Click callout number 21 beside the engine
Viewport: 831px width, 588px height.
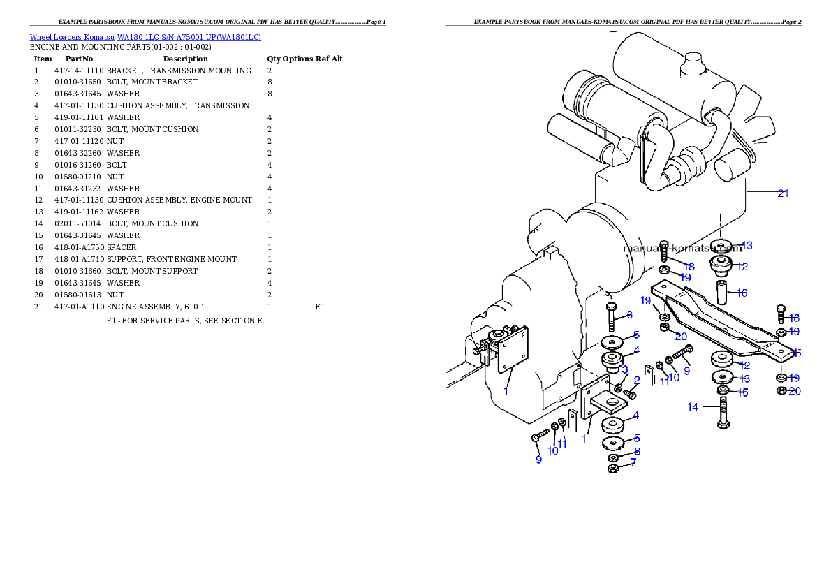(x=783, y=193)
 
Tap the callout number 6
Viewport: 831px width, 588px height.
(x=629, y=315)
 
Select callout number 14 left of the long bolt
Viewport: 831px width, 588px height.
(x=693, y=406)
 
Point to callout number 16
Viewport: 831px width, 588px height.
(x=742, y=293)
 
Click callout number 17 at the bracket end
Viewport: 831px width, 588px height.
(x=797, y=353)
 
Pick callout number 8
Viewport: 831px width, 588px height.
(x=637, y=451)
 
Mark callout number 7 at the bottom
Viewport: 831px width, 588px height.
(x=633, y=462)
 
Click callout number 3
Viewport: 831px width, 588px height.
(x=625, y=369)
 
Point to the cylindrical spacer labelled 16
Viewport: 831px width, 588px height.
(x=721, y=289)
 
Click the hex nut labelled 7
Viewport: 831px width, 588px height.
(x=612, y=468)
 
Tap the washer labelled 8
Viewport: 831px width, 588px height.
(x=613, y=457)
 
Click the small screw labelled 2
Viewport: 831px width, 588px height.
(x=630, y=395)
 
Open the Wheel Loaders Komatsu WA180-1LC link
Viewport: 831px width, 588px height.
(x=145, y=36)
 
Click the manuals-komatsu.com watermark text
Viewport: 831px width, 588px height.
(x=682, y=247)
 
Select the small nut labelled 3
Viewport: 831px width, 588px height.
(x=619, y=386)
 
